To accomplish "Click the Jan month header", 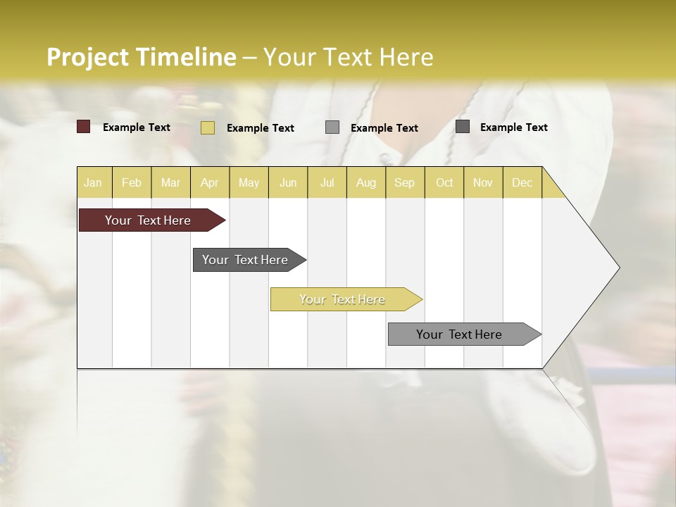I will click(93, 182).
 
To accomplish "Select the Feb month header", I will click(132, 182).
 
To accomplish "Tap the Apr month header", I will click(210, 182).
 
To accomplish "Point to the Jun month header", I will click(288, 182).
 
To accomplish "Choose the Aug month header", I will click(366, 182).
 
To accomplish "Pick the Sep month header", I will click(405, 182).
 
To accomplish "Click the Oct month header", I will click(444, 182).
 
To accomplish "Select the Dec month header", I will click(522, 182).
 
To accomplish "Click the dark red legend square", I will click(84, 127).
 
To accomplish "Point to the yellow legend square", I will click(208, 127).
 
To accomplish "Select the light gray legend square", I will click(332, 127).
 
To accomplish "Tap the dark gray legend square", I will click(463, 127).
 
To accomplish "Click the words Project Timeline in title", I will click(142, 57).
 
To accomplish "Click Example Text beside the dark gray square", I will click(513, 127).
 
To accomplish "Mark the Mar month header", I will click(170, 182).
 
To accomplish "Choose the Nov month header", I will click(483, 182).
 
